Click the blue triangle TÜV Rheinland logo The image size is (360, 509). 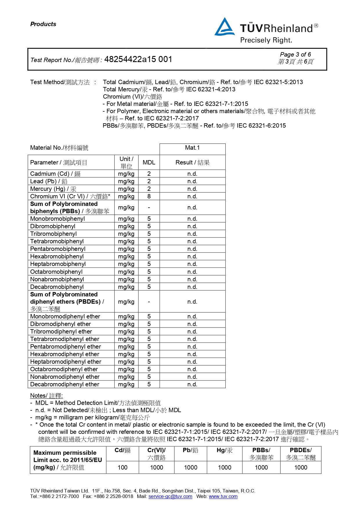point(224,27)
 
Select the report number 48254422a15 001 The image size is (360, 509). point(138,59)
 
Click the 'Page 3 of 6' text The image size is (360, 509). point(295,55)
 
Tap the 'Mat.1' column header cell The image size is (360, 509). point(192,148)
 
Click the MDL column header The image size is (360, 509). point(149,162)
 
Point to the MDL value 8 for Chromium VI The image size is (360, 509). point(149,196)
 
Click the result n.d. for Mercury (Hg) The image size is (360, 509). point(192,189)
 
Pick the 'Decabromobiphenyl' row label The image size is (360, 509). point(57,287)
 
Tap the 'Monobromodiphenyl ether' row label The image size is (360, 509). point(65,316)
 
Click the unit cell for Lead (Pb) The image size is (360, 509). point(126,181)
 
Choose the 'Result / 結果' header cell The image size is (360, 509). point(192,162)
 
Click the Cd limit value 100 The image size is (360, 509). point(122,468)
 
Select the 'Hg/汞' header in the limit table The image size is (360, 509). point(225,450)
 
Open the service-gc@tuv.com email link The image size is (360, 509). point(170,497)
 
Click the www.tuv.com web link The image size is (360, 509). point(223,497)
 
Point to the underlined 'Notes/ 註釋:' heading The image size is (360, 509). point(46,396)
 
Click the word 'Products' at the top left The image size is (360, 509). point(43,24)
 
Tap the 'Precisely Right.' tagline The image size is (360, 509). point(266,40)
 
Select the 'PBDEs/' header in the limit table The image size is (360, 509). point(301,450)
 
